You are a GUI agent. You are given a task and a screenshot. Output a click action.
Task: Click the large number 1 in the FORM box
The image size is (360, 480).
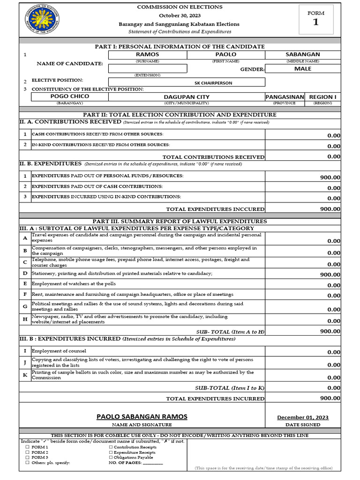pyautogui.click(x=316, y=22)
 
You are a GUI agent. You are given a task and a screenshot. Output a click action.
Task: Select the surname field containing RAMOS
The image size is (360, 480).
pyautogui.click(x=147, y=54)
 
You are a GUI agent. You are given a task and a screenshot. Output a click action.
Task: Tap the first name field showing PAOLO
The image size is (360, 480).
pyautogui.click(x=225, y=54)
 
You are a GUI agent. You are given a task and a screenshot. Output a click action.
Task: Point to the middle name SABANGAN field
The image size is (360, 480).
pyautogui.click(x=302, y=54)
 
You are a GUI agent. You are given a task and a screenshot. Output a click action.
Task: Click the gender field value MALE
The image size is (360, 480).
pyautogui.click(x=302, y=68)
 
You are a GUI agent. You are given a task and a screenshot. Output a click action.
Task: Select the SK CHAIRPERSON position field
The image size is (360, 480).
pyautogui.click(x=213, y=83)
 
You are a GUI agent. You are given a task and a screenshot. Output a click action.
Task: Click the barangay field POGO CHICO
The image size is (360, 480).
pyautogui.click(x=70, y=97)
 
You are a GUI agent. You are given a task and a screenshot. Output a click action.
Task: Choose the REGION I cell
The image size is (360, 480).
pyautogui.click(x=322, y=97)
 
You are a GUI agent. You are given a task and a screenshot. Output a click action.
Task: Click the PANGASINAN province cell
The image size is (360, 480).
pyautogui.click(x=285, y=97)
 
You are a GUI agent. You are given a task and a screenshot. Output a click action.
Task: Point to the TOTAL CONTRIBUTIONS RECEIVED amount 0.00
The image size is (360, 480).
pyautogui.click(x=334, y=157)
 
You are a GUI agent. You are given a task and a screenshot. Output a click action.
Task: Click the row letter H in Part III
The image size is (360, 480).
pyautogui.click(x=25, y=319)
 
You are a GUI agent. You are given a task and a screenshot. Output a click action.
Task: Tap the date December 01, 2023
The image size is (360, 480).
pyautogui.click(x=302, y=417)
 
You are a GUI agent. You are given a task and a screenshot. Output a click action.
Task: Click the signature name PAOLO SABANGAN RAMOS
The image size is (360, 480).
pyautogui.click(x=142, y=417)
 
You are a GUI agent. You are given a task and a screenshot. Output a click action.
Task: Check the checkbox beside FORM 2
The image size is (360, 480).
pyautogui.click(x=27, y=452)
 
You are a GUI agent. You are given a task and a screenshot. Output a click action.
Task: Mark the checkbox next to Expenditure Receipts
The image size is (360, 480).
pyautogui.click(x=111, y=452)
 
